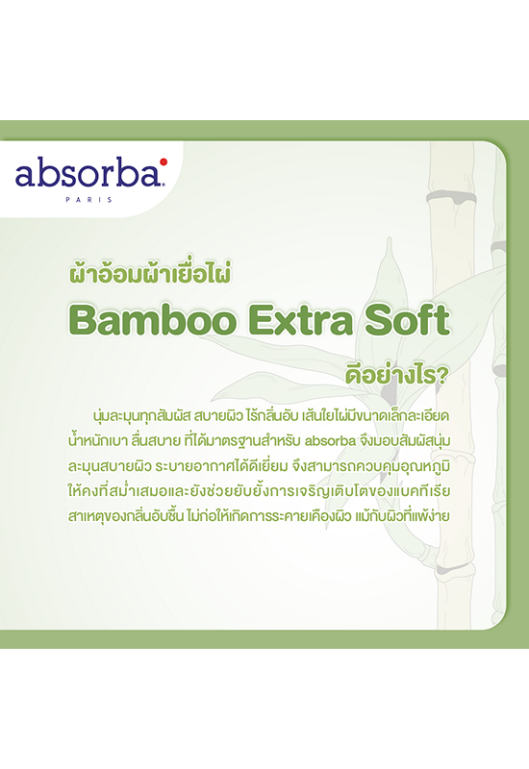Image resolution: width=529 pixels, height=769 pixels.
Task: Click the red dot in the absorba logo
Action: click(164, 161)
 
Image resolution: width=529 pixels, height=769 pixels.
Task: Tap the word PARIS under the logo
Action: click(88, 200)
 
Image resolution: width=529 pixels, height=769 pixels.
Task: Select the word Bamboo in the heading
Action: click(153, 320)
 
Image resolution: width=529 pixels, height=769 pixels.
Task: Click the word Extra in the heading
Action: click(301, 320)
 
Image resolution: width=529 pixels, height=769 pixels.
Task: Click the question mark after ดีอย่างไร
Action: click(442, 376)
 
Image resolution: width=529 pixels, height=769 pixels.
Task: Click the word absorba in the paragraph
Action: click(330, 441)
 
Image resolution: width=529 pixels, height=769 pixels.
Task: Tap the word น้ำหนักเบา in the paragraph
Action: click(98, 441)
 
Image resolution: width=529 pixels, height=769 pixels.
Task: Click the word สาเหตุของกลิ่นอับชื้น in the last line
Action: click(126, 515)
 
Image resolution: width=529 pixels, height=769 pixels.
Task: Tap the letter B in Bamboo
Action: click(82, 320)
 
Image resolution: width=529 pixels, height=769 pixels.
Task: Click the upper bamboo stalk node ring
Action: click(451, 197)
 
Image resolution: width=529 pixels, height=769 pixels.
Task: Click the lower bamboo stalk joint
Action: click(454, 569)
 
